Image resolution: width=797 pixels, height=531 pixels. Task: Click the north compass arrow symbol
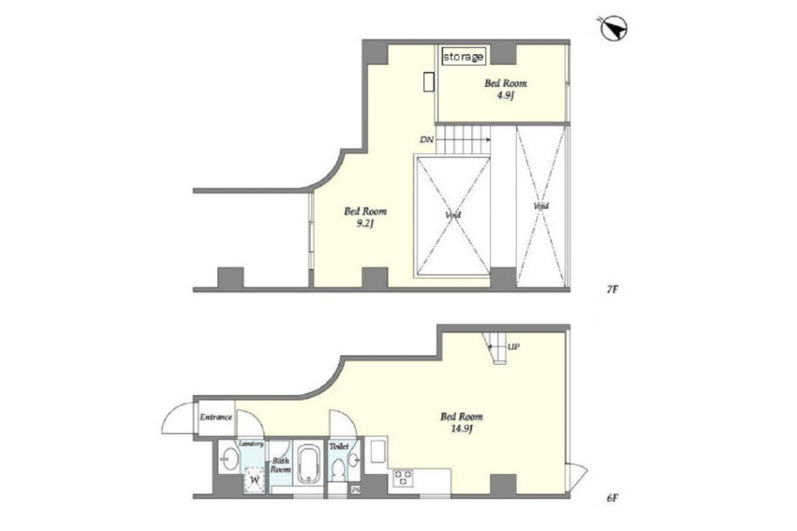point(614,29)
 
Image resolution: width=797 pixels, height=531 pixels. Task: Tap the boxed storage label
point(464,56)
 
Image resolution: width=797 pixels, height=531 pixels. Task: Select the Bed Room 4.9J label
point(505,89)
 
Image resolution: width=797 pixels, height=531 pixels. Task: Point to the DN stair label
point(426,140)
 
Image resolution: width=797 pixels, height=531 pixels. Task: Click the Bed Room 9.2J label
point(365,217)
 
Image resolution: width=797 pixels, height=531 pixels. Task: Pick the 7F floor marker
point(612,290)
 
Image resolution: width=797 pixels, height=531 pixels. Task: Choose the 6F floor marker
point(612,498)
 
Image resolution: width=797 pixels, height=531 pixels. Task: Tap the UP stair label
point(513,346)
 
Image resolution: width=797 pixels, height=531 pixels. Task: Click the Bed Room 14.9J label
point(462,423)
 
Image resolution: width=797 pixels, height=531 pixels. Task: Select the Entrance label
point(216,417)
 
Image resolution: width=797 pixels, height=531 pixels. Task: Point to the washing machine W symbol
point(254,480)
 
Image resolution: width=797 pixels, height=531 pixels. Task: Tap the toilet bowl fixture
point(338,469)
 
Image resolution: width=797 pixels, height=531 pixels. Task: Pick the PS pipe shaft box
point(356,490)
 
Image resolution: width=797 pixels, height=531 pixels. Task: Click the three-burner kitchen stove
point(403,477)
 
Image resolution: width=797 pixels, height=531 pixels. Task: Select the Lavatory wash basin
point(230,459)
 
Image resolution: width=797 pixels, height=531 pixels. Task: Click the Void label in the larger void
point(453,215)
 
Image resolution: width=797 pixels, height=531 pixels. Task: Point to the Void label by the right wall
point(541,206)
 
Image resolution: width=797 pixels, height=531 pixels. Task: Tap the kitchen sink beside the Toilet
point(378,452)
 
